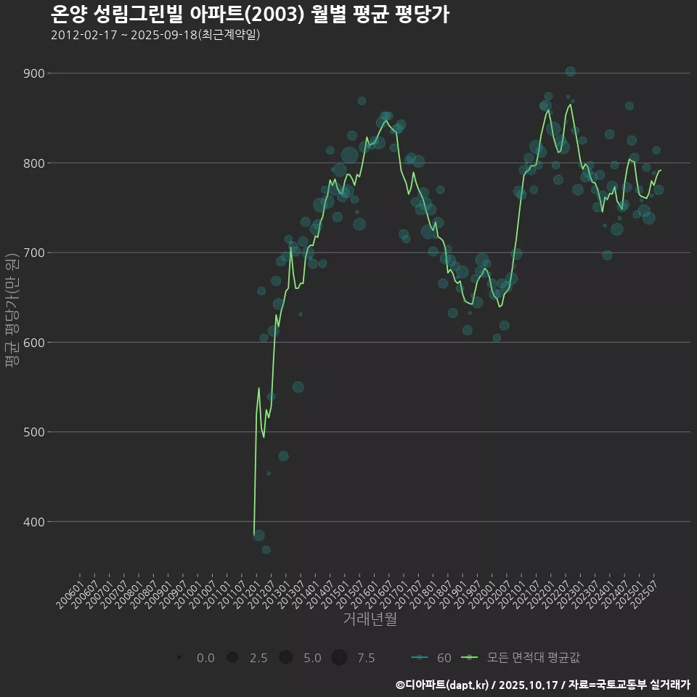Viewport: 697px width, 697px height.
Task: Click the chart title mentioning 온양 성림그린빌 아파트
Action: (250, 15)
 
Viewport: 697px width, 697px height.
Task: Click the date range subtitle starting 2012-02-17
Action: (155, 35)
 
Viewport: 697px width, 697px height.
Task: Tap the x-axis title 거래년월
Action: (370, 619)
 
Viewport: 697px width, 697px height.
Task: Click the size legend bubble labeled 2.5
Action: (232, 658)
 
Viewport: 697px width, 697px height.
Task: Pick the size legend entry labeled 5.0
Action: (286, 658)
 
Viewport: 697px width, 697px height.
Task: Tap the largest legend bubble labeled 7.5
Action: (339, 658)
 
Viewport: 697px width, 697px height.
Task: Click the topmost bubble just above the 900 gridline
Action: (570, 71)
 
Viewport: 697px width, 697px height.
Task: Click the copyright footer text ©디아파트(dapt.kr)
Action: (444, 685)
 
